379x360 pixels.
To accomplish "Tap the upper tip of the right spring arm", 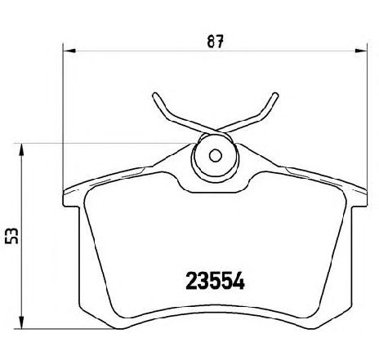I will (275, 96).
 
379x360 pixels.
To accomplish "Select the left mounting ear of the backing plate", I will (72, 195).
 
